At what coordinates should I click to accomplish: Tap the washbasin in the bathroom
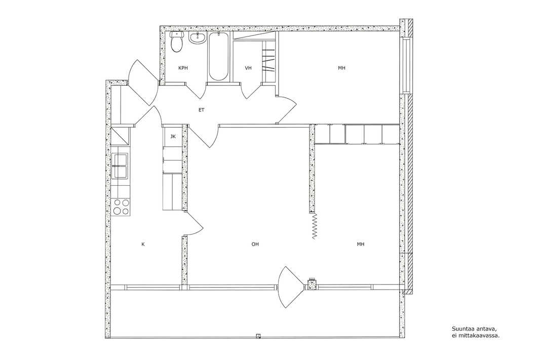pyautogui.click(x=197, y=38)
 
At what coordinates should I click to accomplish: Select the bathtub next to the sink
pyautogui.click(x=218, y=57)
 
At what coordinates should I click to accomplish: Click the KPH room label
pyautogui.click(x=183, y=68)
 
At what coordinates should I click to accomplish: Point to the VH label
pyautogui.click(x=248, y=68)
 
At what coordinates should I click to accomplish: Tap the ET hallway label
pyautogui.click(x=202, y=110)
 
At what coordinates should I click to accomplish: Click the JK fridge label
pyautogui.click(x=173, y=137)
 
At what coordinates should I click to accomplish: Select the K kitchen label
pyautogui.click(x=143, y=245)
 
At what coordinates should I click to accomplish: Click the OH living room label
pyautogui.click(x=255, y=245)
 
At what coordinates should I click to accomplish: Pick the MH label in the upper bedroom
pyautogui.click(x=341, y=68)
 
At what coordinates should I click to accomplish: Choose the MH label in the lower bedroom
pyautogui.click(x=360, y=245)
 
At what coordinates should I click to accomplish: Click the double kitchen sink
pyautogui.click(x=120, y=166)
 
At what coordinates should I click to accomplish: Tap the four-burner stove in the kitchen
pyautogui.click(x=121, y=207)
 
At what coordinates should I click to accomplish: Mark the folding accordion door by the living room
pyautogui.click(x=314, y=226)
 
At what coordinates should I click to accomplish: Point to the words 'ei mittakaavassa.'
pyautogui.click(x=475, y=335)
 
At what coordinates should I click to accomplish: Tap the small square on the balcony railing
pyautogui.click(x=258, y=336)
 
